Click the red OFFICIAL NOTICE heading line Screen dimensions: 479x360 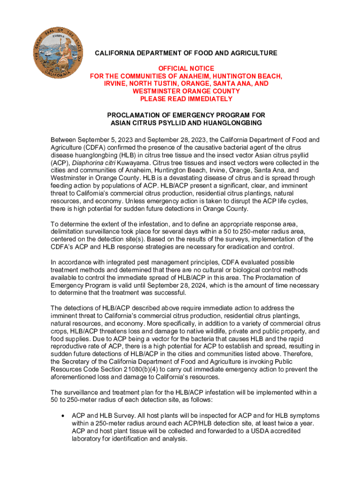tap(186, 68)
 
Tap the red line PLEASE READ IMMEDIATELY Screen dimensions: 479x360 tap(186, 99)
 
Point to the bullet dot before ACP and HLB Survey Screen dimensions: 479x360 tap(63, 416)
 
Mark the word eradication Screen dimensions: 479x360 tap(249, 247)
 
